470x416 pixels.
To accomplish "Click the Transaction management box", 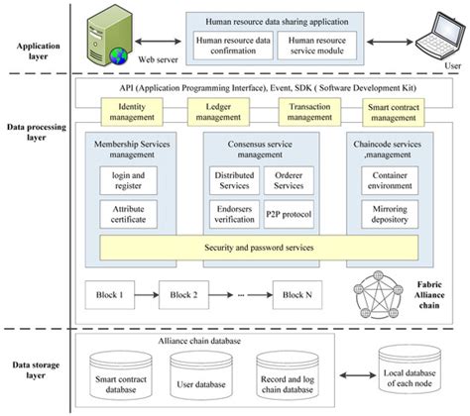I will tap(308, 111).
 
